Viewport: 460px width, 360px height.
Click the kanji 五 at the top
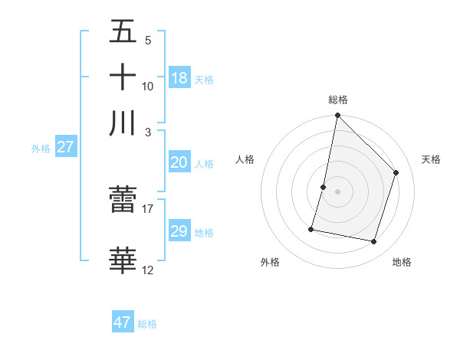pos(123,34)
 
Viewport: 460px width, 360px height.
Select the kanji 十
pos(123,77)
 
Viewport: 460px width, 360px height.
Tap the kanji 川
pos(123,123)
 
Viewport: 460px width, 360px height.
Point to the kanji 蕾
pos(123,200)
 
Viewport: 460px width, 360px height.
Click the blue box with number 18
pos(179,77)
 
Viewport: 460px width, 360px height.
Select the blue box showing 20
pos(179,162)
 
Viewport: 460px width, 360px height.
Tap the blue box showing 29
pos(179,231)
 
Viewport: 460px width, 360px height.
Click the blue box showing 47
pos(123,322)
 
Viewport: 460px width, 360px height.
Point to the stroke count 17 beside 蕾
pos(148,208)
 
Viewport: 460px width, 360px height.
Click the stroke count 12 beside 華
pos(148,270)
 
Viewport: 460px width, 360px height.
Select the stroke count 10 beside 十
pos(148,86)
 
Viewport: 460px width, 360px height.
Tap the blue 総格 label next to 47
pos(147,324)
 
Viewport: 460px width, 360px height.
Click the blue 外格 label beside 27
pos(41,149)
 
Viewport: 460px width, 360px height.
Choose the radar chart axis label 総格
pos(338,100)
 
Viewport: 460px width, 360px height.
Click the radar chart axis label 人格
pos(245,159)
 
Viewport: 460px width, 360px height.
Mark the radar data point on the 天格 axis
pos(396,172)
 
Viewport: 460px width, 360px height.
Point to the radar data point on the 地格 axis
pos(374,242)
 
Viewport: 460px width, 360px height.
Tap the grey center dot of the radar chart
pos(338,191)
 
